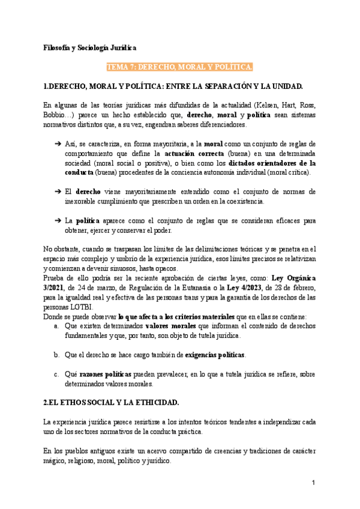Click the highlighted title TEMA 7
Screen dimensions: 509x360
(x=179, y=66)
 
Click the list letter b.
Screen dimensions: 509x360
(x=56, y=355)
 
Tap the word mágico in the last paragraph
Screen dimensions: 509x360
(x=57, y=461)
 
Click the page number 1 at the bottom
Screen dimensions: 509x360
(x=313, y=483)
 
